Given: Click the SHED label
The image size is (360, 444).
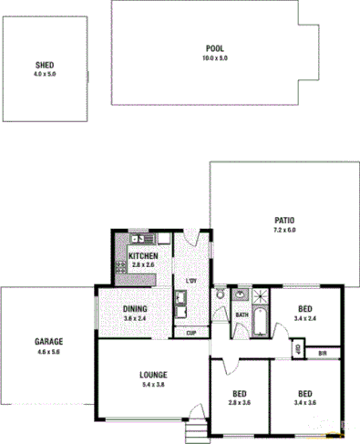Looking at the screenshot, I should tap(45, 66).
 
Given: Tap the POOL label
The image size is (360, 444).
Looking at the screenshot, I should tap(214, 49).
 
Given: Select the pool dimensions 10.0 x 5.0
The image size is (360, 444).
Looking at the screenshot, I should tap(214, 57).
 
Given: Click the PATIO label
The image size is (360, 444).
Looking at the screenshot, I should tap(284, 221).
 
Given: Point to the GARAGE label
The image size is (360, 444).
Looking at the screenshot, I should tap(48, 342).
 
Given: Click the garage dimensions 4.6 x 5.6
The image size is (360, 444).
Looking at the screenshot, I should tap(48, 351).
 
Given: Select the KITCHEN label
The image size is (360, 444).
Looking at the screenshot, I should tap(143, 256).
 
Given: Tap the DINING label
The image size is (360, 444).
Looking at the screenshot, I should tap(135, 309).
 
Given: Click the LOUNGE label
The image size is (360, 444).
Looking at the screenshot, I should tap(152, 374).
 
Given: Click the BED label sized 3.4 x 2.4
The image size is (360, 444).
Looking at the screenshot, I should tap(307, 309).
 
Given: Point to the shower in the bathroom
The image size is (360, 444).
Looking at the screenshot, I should tap(262, 295).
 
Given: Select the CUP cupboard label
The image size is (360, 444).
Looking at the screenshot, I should tap(191, 333).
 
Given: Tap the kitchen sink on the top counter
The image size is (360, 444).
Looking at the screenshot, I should tap(137, 239).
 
